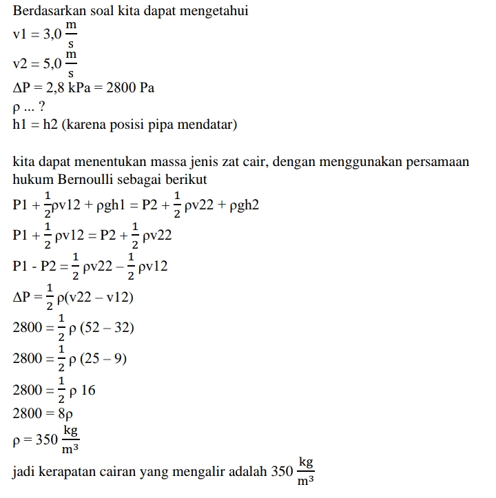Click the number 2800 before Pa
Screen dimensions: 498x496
pyautogui.click(x=123, y=88)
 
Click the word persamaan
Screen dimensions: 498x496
pyautogui.click(x=433, y=162)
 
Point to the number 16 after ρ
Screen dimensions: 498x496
pyautogui.click(x=88, y=390)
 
